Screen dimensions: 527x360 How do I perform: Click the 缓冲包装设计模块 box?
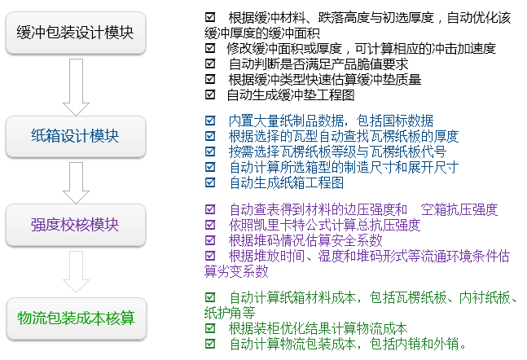(x=76, y=33)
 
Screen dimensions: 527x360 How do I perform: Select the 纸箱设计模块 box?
(x=76, y=137)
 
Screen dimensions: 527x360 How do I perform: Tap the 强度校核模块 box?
(x=76, y=225)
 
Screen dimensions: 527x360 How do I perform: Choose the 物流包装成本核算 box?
(x=77, y=318)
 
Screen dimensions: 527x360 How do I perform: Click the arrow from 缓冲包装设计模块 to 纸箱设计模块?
(x=76, y=87)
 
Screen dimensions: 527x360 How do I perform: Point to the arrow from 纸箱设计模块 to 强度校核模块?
(x=76, y=183)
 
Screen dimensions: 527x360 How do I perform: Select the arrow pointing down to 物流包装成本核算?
(x=76, y=272)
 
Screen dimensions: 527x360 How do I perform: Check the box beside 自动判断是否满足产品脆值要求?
(x=210, y=64)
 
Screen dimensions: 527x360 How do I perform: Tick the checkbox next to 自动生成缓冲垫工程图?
(x=210, y=94)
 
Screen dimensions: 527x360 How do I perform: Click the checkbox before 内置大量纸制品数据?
(x=210, y=120)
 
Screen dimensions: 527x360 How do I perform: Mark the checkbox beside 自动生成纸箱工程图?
(x=210, y=182)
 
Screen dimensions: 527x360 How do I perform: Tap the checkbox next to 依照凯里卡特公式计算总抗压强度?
(x=210, y=224)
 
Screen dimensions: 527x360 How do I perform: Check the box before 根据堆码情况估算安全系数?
(x=210, y=239)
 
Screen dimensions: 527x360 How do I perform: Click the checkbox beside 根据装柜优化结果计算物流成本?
(x=210, y=327)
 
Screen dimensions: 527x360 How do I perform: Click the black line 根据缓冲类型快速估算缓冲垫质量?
(x=325, y=79)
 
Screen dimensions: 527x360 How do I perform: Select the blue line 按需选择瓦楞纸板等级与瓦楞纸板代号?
(x=337, y=151)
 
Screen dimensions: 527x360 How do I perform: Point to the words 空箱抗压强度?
(x=459, y=209)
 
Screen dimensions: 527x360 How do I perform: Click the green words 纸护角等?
(x=230, y=313)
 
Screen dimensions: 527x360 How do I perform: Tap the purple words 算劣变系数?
(x=236, y=271)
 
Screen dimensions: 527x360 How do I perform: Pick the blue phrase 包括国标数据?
(x=395, y=121)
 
